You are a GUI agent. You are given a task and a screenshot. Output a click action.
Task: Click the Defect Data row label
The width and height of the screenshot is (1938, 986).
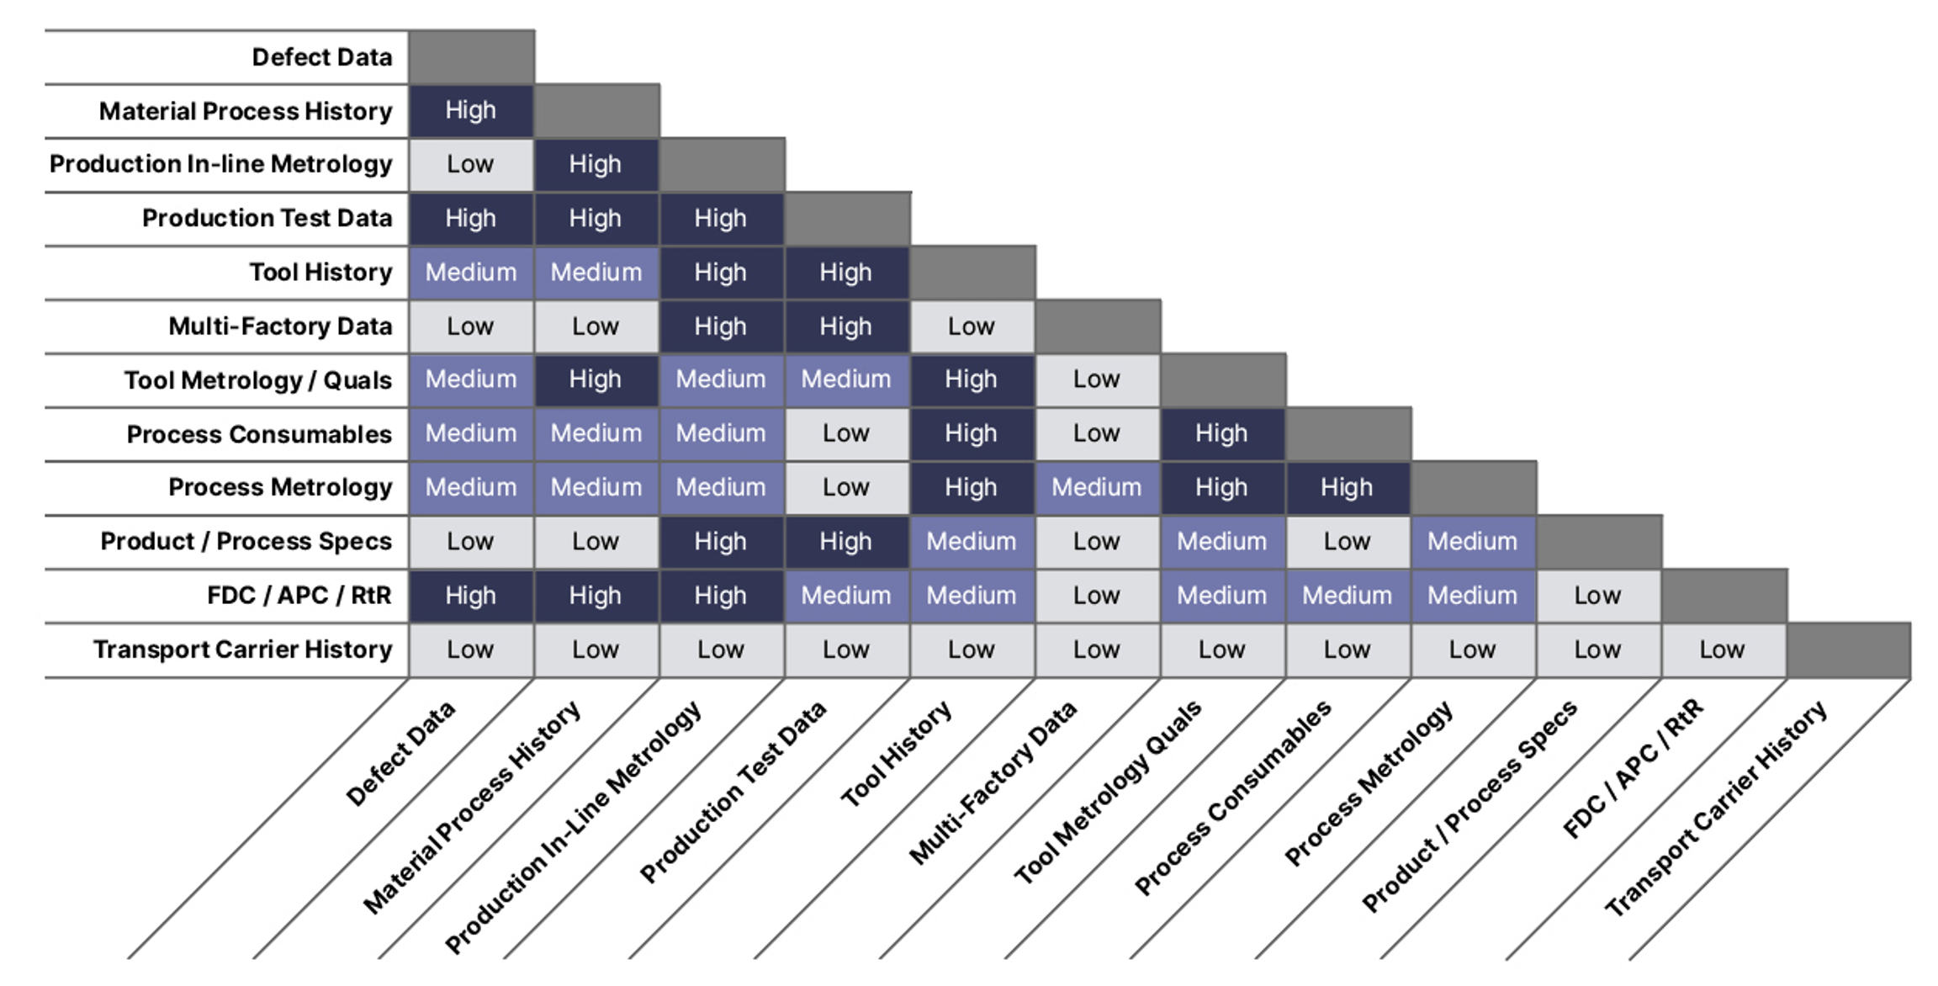pos(321,57)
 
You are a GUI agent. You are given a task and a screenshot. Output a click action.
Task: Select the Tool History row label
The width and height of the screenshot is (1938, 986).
pos(320,273)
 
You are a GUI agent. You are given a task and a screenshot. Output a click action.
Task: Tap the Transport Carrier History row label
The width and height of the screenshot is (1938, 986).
pos(242,649)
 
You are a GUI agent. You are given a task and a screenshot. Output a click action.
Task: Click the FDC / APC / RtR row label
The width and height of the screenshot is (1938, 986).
pos(299,596)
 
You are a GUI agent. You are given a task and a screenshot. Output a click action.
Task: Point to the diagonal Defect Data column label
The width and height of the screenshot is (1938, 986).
pos(400,753)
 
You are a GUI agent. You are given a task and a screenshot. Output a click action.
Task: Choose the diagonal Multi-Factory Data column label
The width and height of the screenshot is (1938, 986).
pos(993,782)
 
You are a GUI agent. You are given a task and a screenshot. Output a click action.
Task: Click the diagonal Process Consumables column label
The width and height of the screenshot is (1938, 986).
pos(1232,797)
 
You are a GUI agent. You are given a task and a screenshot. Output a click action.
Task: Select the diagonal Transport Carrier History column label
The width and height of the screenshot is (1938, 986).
pos(1716,808)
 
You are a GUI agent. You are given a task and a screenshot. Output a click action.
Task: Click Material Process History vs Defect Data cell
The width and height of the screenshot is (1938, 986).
pos(470,111)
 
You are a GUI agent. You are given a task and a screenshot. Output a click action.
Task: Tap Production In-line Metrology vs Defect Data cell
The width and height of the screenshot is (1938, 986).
pos(470,165)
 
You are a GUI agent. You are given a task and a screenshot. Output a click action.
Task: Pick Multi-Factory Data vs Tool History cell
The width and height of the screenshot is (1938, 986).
pos(972,326)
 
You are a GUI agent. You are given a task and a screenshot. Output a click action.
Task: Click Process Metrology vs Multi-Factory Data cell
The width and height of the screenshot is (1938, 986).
pos(1097,488)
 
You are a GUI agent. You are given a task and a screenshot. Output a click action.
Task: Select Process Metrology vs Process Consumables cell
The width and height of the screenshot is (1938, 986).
pos(1347,488)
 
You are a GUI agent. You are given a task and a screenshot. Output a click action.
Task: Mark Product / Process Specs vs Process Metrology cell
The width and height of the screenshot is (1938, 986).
pos(1472,542)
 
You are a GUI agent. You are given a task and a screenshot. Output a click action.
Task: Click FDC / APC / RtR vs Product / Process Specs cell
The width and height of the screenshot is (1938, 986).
pos(1597,596)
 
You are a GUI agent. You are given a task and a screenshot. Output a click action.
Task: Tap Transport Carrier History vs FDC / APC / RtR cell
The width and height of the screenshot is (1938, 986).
pos(1722,649)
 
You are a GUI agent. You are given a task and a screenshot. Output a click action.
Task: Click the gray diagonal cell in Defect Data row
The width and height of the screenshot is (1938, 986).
pos(471,57)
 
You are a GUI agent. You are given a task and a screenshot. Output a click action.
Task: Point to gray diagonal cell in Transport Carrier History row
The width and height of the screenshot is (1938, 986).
pos(1848,649)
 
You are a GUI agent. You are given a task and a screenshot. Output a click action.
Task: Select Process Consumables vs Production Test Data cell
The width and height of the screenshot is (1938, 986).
pos(846,434)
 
